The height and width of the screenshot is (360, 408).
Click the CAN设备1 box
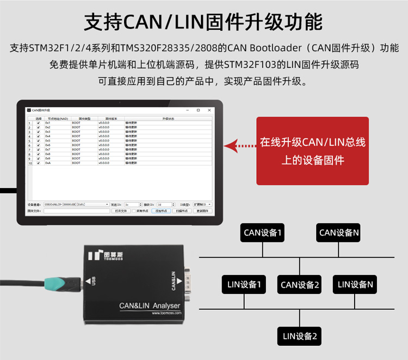263,233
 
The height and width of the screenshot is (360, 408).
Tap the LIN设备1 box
244,284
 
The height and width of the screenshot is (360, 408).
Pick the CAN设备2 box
300,284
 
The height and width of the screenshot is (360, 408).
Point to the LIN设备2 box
299,336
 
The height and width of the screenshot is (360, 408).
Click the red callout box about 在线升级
312,151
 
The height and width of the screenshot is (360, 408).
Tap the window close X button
211,110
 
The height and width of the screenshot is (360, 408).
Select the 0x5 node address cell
48,141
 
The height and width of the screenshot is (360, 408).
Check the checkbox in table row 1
38,123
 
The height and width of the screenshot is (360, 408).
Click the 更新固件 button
202,211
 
